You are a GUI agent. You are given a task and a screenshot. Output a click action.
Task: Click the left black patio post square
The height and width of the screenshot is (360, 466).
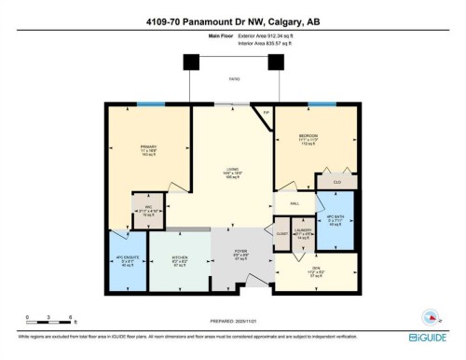[x=191, y=62]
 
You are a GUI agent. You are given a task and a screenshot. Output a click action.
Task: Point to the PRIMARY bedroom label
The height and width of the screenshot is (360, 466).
[x=148, y=146]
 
